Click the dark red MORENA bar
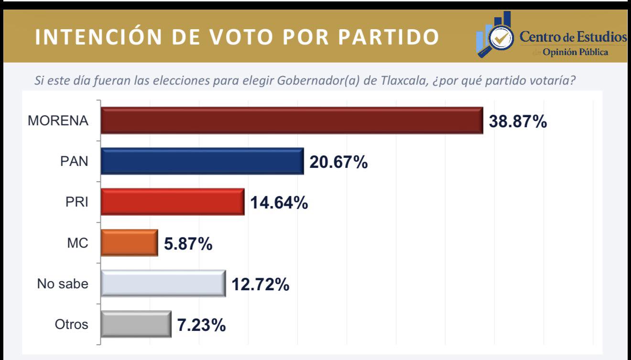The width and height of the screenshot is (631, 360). click(x=292, y=120)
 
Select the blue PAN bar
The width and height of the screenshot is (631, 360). click(x=202, y=161)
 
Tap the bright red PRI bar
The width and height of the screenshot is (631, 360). click(x=173, y=202)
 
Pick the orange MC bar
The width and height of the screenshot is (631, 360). click(x=129, y=243)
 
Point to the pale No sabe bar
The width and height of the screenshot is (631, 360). click(x=163, y=284)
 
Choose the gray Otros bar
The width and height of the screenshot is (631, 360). click(x=136, y=324)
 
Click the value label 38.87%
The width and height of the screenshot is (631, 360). click(x=518, y=121)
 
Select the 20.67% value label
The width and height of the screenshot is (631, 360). click(x=338, y=163)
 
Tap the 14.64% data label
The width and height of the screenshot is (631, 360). click(x=279, y=203)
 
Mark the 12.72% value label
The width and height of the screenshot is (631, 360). click(x=261, y=285)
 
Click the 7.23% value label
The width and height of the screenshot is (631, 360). click(x=201, y=326)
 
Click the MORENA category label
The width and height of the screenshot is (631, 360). click(x=58, y=121)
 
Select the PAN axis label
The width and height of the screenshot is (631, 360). click(x=74, y=162)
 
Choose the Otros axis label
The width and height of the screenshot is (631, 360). click(x=72, y=324)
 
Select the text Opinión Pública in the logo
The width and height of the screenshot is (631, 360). click(x=575, y=52)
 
